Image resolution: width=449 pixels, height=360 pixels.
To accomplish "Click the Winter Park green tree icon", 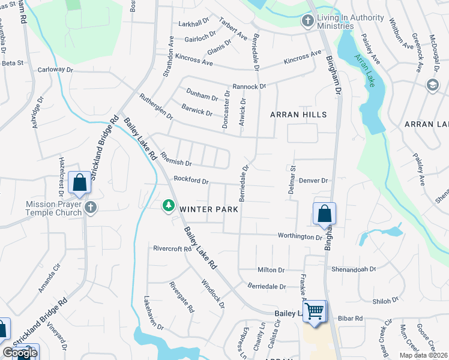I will pos(169,206).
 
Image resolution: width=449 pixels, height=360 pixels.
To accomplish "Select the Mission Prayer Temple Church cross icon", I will pos(91,208).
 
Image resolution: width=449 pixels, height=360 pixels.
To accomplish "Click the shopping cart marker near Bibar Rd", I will pos(315,312).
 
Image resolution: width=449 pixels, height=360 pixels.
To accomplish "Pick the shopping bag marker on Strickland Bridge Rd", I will pos(79,182).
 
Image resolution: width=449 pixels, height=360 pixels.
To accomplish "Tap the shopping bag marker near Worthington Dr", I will pos(324,214).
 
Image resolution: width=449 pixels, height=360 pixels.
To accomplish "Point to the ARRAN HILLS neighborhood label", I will pos(298,115).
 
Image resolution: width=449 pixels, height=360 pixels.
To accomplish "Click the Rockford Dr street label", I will pos(191,180).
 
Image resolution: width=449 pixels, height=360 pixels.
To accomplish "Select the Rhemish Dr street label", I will pos(176,163).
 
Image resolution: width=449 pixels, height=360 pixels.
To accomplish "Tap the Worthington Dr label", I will pos(300,236).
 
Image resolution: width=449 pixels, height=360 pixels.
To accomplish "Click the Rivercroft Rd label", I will pos(172,248).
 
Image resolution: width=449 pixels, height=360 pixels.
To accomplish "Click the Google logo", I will pos(20,353).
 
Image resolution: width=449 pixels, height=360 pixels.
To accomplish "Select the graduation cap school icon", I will pos(432,85).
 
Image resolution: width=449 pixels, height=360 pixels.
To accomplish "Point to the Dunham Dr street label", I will pos(202,96).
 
